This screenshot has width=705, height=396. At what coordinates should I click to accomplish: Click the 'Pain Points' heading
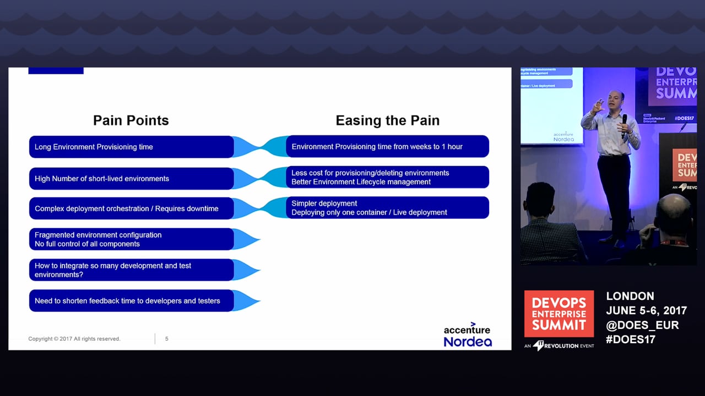pyautogui.click(x=131, y=120)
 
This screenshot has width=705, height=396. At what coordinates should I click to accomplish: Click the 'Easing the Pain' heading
pyautogui.click(x=387, y=120)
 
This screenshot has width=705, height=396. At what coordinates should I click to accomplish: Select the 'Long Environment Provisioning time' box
pyautogui.click(x=131, y=147)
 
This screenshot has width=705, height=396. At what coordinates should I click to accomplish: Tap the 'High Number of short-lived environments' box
pyautogui.click(x=131, y=179)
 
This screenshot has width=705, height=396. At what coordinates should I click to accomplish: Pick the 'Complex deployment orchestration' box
pyautogui.click(x=131, y=208)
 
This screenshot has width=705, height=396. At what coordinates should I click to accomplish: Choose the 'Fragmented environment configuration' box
pyautogui.click(x=131, y=239)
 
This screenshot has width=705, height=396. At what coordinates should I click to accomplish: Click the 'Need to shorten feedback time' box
pyautogui.click(x=131, y=301)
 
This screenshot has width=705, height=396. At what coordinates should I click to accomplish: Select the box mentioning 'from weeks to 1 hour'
pyautogui.click(x=387, y=147)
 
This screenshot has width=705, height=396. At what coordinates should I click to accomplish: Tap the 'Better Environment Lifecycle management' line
pyautogui.click(x=361, y=182)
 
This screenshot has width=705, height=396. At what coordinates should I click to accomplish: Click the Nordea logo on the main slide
pyautogui.click(x=468, y=342)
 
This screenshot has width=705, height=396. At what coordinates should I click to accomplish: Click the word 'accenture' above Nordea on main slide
pyautogui.click(x=467, y=329)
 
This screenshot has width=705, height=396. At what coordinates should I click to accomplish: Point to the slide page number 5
pyautogui.click(x=167, y=339)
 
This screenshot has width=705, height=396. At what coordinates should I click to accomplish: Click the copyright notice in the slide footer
pyautogui.click(x=74, y=339)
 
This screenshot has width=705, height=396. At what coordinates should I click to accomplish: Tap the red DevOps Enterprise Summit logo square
pyautogui.click(x=558, y=313)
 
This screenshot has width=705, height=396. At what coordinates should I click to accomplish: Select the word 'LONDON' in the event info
pyautogui.click(x=630, y=296)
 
